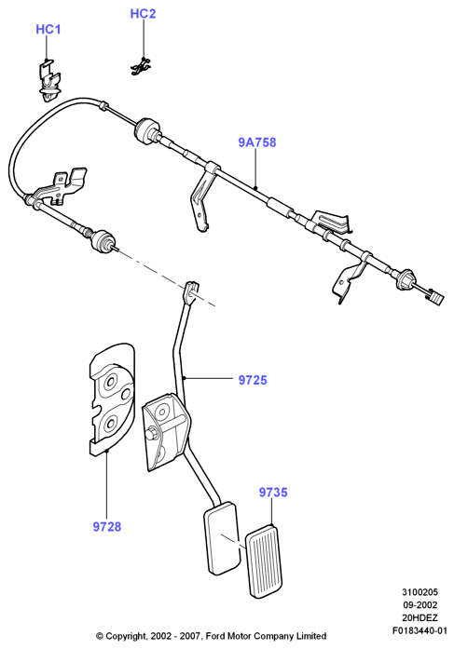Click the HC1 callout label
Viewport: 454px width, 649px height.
(x=48, y=30)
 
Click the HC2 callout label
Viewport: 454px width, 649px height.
(x=143, y=14)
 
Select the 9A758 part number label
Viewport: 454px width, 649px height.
(x=256, y=142)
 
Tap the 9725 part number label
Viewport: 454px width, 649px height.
(x=253, y=380)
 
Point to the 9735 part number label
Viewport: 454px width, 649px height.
(x=273, y=493)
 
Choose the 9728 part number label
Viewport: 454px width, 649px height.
(x=107, y=527)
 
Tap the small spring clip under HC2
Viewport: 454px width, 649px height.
(x=142, y=67)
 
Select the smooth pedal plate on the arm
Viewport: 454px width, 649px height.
(x=222, y=537)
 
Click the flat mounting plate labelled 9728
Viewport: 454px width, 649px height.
(x=112, y=399)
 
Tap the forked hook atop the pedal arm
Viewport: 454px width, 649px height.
(x=190, y=292)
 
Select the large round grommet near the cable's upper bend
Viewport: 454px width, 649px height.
(x=146, y=130)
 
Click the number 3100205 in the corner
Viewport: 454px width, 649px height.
(x=420, y=592)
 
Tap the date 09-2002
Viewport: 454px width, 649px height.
(x=420, y=604)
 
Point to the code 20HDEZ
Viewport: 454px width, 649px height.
(x=420, y=617)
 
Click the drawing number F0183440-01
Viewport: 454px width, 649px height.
(x=420, y=630)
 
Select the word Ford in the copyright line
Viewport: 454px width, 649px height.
(x=215, y=636)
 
